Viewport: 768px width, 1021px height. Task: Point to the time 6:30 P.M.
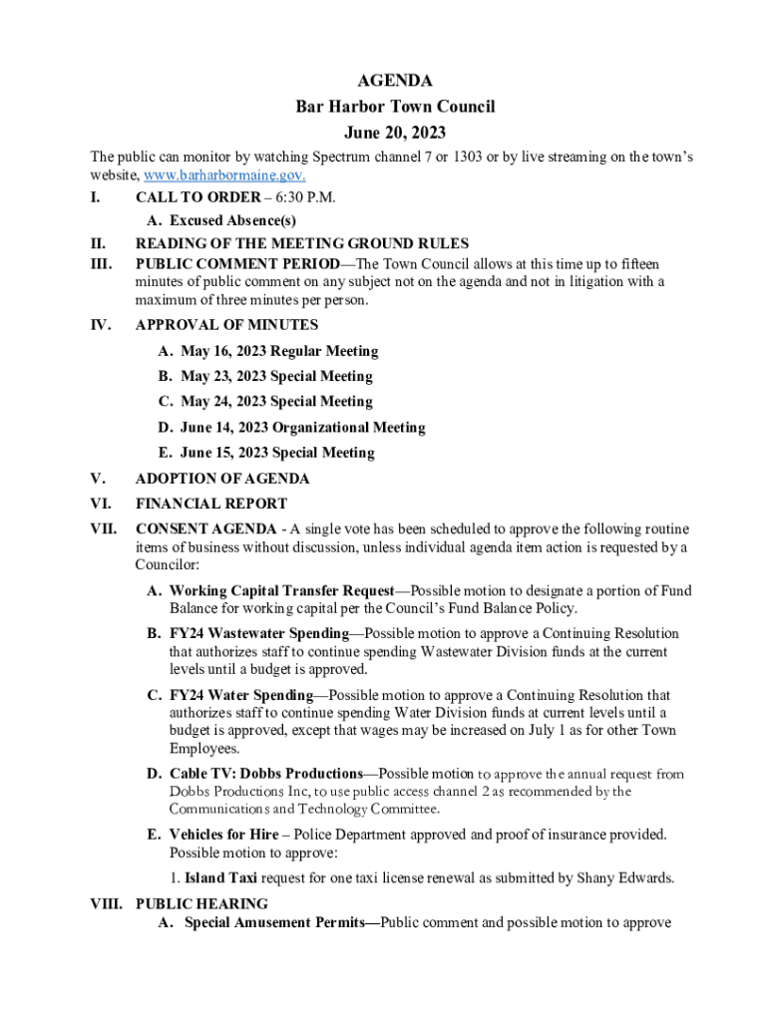click(x=307, y=197)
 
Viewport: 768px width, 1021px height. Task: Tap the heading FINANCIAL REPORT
click(x=210, y=504)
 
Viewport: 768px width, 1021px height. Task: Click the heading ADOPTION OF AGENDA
click(x=222, y=479)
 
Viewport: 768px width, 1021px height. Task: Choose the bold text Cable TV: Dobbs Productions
click(x=265, y=774)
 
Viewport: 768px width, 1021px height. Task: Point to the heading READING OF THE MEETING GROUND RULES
click(x=301, y=243)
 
